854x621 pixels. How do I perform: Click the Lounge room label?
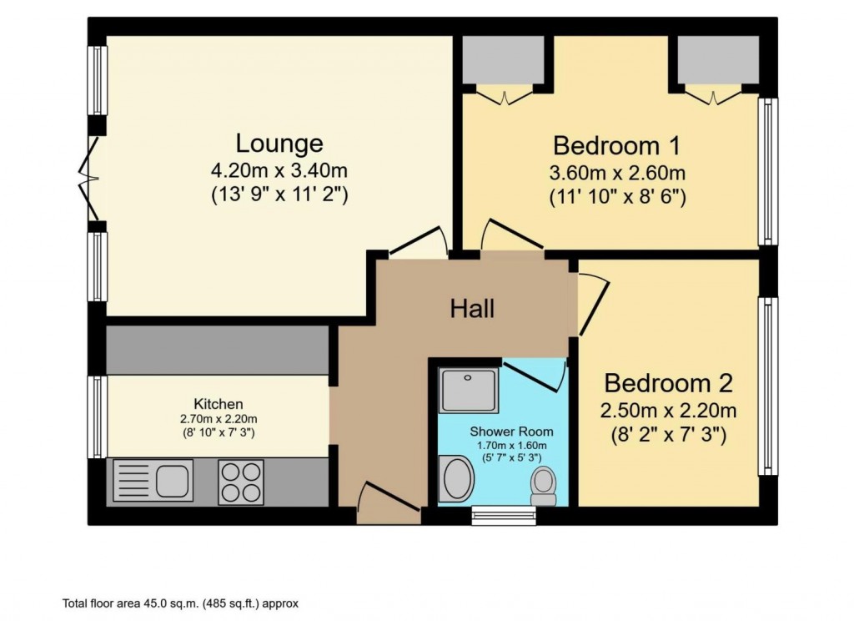pyautogui.click(x=279, y=143)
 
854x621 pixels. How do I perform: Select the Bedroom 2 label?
pyautogui.click(x=668, y=384)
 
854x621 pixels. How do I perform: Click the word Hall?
pyautogui.click(x=472, y=309)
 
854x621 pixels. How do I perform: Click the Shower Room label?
pyautogui.click(x=511, y=432)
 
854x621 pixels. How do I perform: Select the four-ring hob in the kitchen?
pyautogui.click(x=241, y=482)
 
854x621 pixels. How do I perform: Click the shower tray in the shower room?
pyautogui.click(x=469, y=390)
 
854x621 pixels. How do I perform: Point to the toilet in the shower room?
pyautogui.click(x=544, y=485)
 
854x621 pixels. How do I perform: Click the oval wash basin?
pyautogui.click(x=456, y=479)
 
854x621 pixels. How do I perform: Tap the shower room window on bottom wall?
pyautogui.click(x=504, y=515)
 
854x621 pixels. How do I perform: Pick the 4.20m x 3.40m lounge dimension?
pyautogui.click(x=279, y=172)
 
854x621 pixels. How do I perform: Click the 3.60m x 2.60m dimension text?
pyautogui.click(x=616, y=174)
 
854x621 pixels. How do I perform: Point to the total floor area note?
pyautogui.click(x=180, y=603)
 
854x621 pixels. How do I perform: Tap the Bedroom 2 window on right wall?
pyautogui.click(x=766, y=386)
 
